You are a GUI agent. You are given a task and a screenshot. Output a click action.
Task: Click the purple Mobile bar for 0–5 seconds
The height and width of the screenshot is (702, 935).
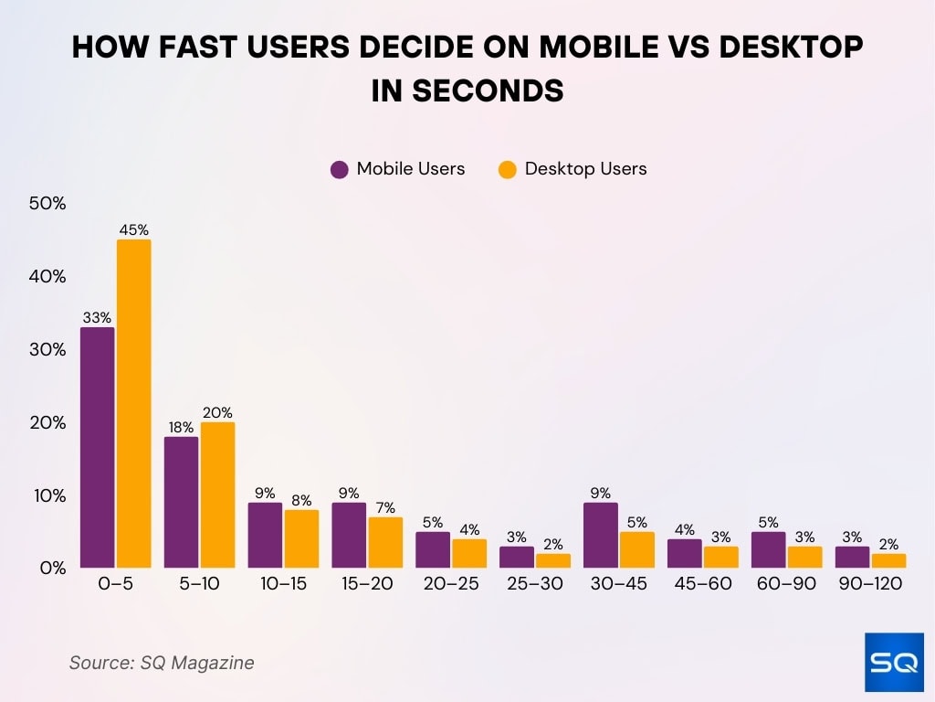98,447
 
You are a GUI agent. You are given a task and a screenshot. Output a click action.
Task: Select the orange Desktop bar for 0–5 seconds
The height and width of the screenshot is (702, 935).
133,403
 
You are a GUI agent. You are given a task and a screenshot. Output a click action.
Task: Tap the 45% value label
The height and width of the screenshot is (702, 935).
133,230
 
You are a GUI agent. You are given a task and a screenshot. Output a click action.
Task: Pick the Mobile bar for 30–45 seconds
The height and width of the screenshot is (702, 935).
601,535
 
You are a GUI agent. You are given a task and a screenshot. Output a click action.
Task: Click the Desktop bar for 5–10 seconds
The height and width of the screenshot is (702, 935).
217,495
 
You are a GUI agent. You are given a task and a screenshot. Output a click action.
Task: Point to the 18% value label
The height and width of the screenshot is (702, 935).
181,427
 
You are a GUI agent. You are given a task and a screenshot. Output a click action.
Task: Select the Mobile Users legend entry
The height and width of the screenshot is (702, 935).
398,169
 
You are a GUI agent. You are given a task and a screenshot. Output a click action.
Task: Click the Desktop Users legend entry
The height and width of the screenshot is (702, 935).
573,169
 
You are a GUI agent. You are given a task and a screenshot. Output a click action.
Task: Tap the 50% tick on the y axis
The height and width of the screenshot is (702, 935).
47,204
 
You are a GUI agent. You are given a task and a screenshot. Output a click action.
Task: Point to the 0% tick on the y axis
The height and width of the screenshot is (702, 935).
51,568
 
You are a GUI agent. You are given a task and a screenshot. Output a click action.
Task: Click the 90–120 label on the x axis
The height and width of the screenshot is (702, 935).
870,584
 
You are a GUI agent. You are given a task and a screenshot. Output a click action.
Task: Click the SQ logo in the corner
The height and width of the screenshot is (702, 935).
893,661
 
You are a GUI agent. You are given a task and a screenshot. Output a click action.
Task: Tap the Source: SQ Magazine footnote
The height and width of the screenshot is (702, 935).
162,663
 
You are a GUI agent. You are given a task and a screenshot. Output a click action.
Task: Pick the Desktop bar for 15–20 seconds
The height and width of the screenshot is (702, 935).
385,542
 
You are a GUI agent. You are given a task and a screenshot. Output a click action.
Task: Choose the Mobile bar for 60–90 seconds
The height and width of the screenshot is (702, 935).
769,549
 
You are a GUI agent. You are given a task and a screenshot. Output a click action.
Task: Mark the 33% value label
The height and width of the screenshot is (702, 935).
97,318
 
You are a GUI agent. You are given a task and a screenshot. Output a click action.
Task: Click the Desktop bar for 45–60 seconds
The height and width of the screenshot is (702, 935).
721,557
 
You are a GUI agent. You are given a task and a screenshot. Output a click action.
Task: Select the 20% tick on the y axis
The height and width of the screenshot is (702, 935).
47,422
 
